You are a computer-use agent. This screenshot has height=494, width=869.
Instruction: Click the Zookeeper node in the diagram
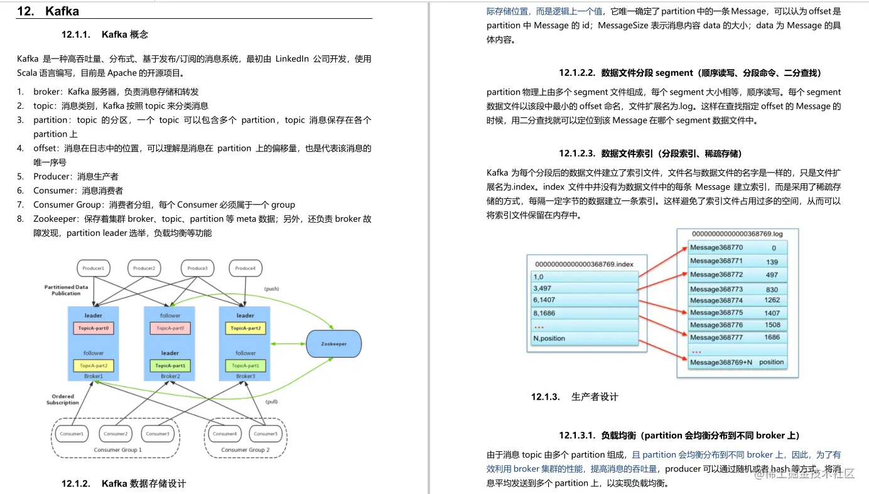[x=335, y=344]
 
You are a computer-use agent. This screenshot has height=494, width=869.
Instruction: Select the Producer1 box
[x=93, y=269]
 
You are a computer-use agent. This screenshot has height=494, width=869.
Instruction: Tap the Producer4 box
[x=245, y=269]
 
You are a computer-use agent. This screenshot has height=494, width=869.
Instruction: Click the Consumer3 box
[x=157, y=434]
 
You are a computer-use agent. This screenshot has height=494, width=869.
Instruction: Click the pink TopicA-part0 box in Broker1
[x=94, y=328]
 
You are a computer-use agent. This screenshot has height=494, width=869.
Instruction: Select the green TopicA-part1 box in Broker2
[x=170, y=366]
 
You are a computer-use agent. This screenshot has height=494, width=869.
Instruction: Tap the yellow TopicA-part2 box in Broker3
[x=246, y=328]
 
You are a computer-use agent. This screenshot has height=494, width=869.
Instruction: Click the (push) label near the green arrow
[x=271, y=289]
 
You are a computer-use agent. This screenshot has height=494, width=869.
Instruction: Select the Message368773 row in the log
[x=716, y=289]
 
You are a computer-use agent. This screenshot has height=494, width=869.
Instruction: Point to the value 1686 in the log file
[x=772, y=337]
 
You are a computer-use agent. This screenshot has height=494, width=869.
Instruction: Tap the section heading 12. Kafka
[x=48, y=11]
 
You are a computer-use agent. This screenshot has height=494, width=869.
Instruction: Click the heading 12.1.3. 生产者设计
[x=575, y=397]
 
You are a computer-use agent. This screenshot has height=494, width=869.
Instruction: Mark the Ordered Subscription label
[x=63, y=399]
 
